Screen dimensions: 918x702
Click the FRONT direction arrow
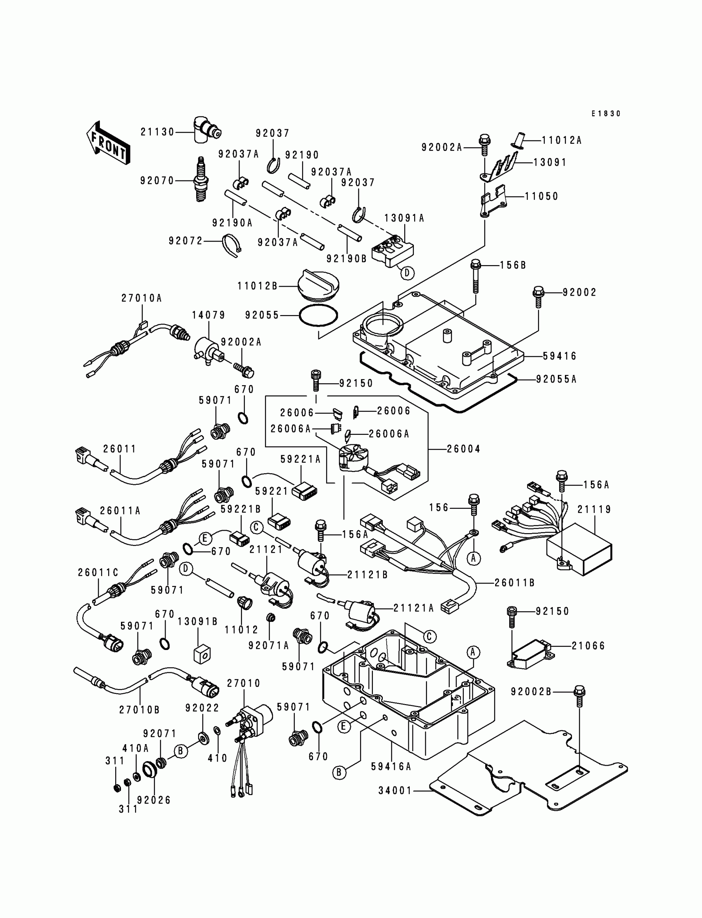pyautogui.click(x=108, y=143)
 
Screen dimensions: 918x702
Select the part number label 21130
pyautogui.click(x=157, y=132)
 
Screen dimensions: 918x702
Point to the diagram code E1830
pyautogui.click(x=606, y=114)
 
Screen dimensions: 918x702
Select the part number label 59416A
pyautogui.click(x=391, y=766)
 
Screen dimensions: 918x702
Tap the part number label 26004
pyautogui.click(x=463, y=449)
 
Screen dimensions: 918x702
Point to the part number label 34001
pyautogui.click(x=395, y=790)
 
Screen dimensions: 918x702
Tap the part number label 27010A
pyautogui.click(x=142, y=298)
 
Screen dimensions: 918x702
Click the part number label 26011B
pyautogui.click(x=515, y=583)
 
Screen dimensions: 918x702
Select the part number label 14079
pyautogui.click(x=209, y=315)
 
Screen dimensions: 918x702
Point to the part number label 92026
pyautogui.click(x=154, y=800)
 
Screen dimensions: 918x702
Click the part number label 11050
pyautogui.click(x=541, y=197)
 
